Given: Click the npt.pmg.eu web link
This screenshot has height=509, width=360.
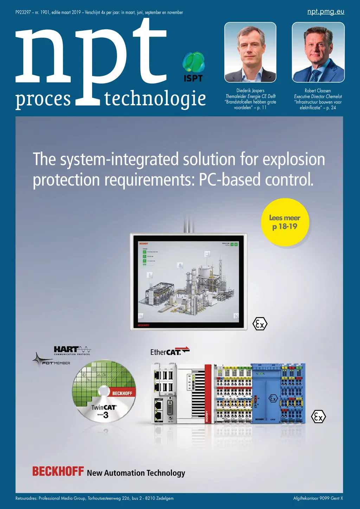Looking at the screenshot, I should [326, 12].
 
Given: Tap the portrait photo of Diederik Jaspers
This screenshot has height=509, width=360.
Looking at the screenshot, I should [250, 52].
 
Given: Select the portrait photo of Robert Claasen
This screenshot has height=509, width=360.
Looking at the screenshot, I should [318, 52].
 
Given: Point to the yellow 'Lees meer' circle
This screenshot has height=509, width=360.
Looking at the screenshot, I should [285, 222].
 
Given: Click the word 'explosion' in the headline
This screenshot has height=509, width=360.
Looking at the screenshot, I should [294, 160].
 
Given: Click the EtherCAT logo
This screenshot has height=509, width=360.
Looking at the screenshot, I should [170, 352].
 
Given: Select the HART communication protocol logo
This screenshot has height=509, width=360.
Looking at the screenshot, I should [72, 350].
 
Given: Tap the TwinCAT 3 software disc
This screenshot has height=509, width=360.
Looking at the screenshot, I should [104, 391].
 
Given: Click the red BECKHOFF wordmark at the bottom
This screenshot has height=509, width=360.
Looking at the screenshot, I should [58, 471].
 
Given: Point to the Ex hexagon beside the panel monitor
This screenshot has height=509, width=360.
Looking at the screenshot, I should [260, 324].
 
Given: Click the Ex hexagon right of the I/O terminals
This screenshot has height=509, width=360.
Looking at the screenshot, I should [318, 417].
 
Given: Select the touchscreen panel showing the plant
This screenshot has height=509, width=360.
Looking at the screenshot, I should [188, 282].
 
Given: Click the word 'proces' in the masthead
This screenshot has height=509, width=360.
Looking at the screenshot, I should [43, 99].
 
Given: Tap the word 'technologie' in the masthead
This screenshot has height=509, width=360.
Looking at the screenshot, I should [155, 99].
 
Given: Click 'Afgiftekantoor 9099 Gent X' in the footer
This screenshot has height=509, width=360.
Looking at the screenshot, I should [318, 498].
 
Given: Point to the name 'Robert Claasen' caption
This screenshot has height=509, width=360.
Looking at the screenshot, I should [318, 91].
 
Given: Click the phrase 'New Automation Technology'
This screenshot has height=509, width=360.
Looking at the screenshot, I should [136, 473].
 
